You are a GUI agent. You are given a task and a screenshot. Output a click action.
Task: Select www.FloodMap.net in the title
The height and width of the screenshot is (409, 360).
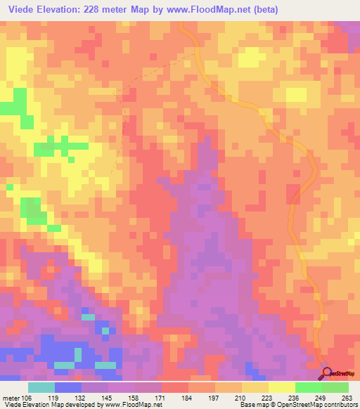(x=214, y=10)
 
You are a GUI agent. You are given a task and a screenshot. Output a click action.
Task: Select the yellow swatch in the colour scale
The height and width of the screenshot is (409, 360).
(x=281, y=387)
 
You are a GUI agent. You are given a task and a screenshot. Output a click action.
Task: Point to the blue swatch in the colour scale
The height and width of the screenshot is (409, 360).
(x=67, y=387)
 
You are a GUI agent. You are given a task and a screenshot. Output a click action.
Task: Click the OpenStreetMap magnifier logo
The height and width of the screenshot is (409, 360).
(x=327, y=372)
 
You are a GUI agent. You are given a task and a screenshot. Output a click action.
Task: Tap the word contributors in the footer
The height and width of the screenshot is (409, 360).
(x=341, y=405)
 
